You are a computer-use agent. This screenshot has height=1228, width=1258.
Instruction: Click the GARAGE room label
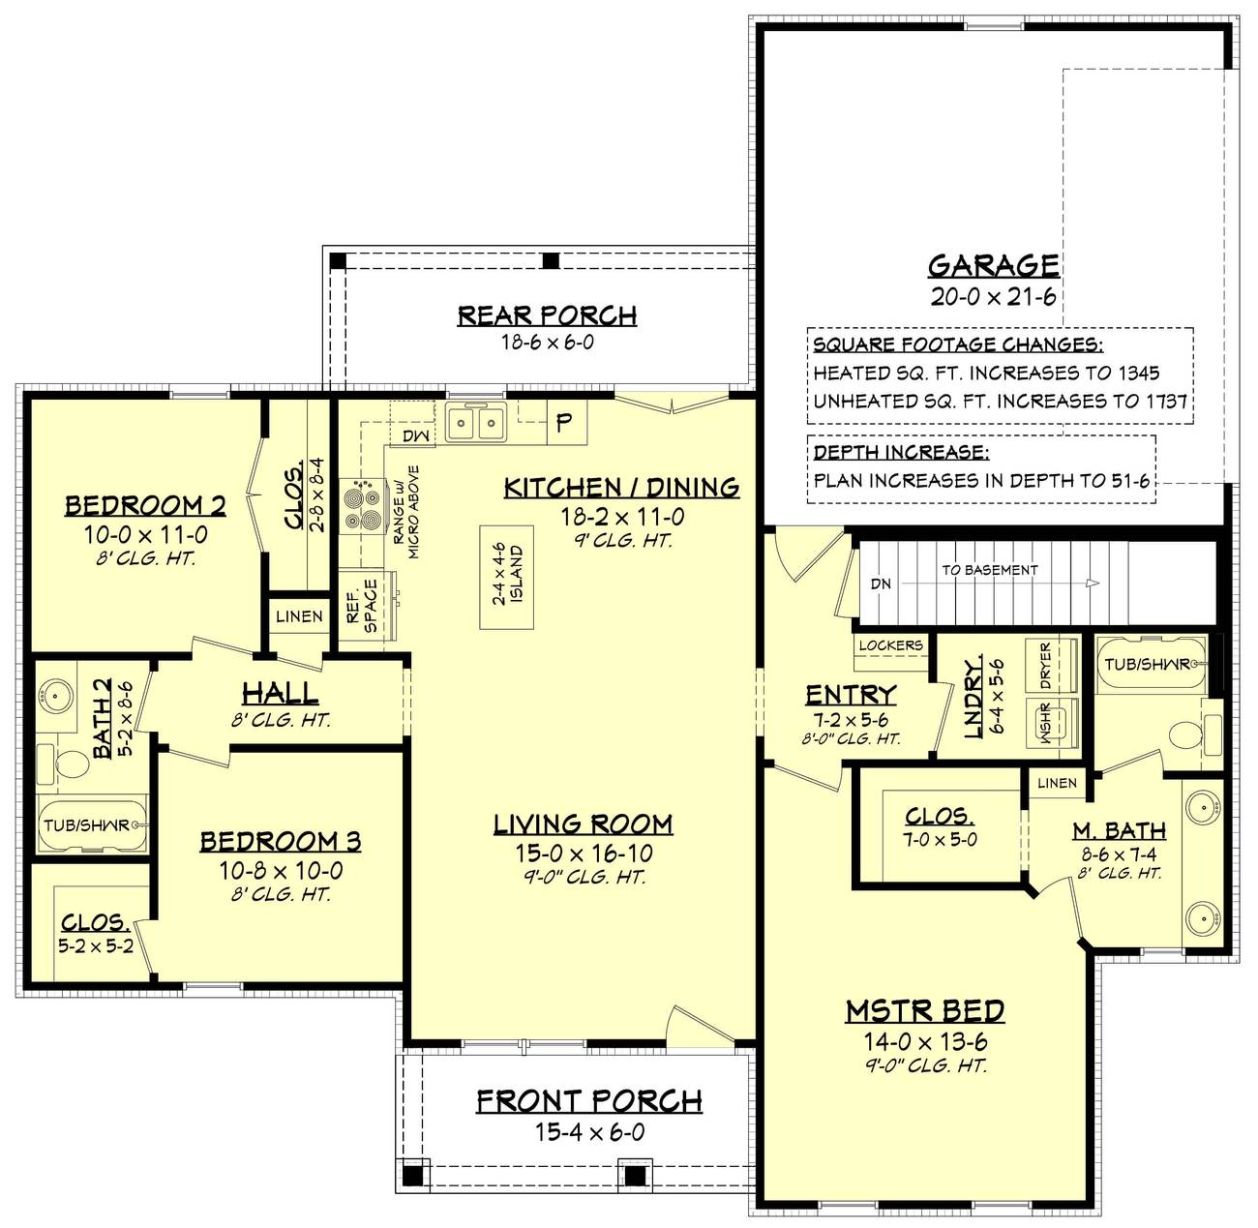993,265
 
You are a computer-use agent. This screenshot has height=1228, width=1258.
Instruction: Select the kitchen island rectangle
507,577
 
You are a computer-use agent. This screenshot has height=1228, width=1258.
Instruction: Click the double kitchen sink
475,423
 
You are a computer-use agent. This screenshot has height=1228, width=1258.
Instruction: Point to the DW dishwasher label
415,436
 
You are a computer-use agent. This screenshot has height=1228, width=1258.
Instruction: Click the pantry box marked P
565,422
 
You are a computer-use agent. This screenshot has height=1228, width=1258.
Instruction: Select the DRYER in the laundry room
1046,666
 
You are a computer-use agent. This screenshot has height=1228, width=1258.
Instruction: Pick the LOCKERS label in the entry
890,645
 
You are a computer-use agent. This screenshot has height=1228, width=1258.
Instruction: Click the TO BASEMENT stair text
989,570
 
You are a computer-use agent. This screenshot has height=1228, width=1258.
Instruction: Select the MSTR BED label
924,1011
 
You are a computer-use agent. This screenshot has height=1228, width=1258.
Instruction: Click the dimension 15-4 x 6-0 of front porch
589,1131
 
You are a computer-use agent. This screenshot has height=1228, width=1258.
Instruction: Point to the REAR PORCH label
547,315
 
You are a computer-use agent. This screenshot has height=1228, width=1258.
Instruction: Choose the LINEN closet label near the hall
299,616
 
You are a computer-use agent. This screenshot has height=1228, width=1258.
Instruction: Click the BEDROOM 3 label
281,841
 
